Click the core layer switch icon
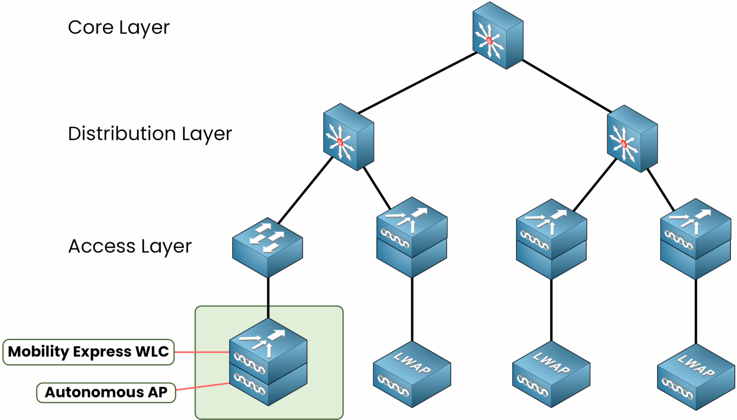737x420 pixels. point(498,36)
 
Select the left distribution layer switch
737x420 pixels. point(348,137)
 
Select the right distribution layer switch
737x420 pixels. point(632,139)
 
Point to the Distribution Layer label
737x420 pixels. point(150,134)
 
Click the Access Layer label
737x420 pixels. point(130,246)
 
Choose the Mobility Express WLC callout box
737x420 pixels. point(88,352)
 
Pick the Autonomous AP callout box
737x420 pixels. point(106,392)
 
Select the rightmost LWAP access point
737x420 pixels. point(696,377)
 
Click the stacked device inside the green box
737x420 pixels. point(268,364)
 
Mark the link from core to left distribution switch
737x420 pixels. point(417,82)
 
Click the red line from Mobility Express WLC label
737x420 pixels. point(202,352)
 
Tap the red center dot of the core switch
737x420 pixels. point(489,41)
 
